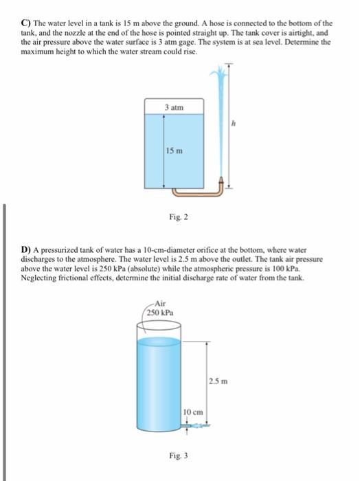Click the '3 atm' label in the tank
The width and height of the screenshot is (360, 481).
pyautogui.click(x=174, y=107)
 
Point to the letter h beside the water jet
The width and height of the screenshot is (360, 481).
pyautogui.click(x=234, y=124)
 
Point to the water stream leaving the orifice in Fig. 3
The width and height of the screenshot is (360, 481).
pyautogui.click(x=204, y=426)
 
